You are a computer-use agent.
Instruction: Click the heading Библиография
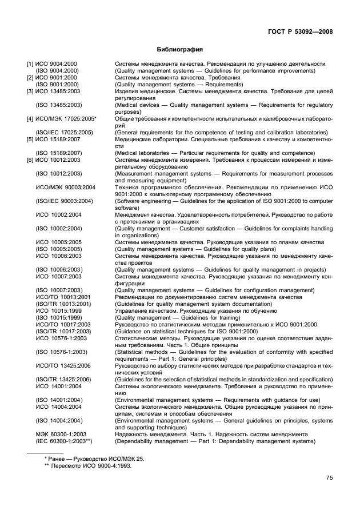[x=180, y=50]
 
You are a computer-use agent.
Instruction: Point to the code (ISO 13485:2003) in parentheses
[x=59, y=105]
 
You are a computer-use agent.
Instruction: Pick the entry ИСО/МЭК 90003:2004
[x=66, y=187]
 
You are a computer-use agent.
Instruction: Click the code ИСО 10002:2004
[x=59, y=214]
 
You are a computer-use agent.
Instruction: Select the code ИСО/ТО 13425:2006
[x=63, y=365]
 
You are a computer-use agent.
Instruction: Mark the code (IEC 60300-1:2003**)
[x=63, y=441]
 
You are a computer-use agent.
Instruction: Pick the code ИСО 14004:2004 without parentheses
[x=59, y=407]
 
